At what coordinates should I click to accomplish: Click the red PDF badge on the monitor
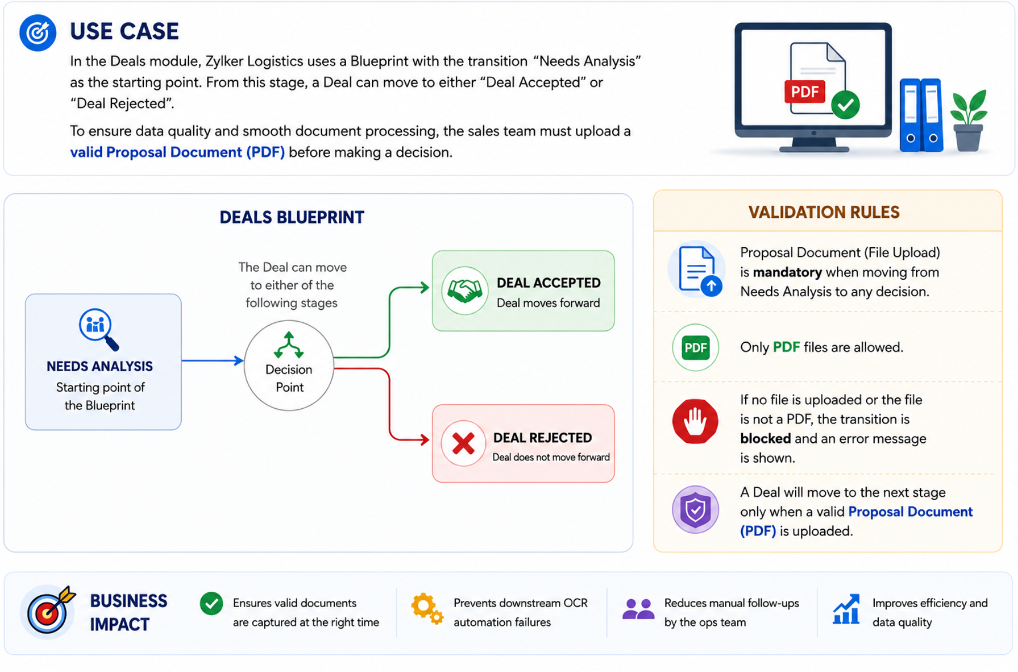(804, 92)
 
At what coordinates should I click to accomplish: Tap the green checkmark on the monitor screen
(845, 104)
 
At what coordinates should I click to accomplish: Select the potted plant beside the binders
(969, 120)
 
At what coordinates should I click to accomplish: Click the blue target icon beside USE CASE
(38, 33)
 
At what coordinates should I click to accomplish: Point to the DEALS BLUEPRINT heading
(292, 217)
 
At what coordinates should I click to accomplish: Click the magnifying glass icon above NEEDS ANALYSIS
(99, 329)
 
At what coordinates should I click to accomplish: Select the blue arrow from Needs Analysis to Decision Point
(213, 361)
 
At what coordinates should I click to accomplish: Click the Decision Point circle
(289, 365)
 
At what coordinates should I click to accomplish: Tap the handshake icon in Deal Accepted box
(464, 291)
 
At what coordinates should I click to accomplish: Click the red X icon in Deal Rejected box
(463, 443)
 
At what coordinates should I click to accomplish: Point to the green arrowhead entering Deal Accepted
(425, 287)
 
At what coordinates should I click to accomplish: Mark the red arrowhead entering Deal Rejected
(425, 440)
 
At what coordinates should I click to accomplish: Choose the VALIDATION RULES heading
(824, 212)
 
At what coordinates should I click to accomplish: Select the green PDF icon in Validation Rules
(695, 347)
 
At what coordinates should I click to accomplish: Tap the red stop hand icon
(695, 421)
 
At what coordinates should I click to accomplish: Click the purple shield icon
(695, 510)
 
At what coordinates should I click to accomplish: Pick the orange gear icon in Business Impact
(427, 608)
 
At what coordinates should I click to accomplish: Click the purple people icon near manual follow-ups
(638, 609)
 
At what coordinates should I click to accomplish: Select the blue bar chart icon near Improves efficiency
(847, 609)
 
